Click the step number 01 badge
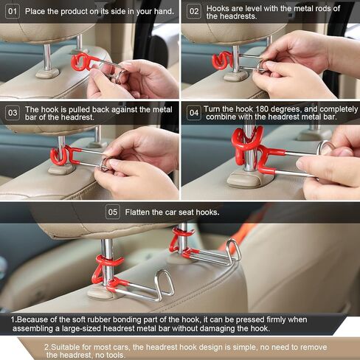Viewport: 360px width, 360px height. coord(13,11)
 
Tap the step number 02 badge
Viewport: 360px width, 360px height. coord(194,11)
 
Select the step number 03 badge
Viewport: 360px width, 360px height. coord(13,113)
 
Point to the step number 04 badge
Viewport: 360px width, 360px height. coord(194,113)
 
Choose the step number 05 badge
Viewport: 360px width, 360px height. coord(113,212)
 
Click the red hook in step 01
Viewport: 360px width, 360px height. coord(81,62)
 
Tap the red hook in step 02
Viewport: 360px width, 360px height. coord(222,60)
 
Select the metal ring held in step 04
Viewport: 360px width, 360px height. coord(325,147)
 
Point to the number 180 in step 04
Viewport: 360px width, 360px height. coord(262,109)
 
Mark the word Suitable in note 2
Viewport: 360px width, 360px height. coord(66,347)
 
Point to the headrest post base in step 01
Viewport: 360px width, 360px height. coord(47,73)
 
